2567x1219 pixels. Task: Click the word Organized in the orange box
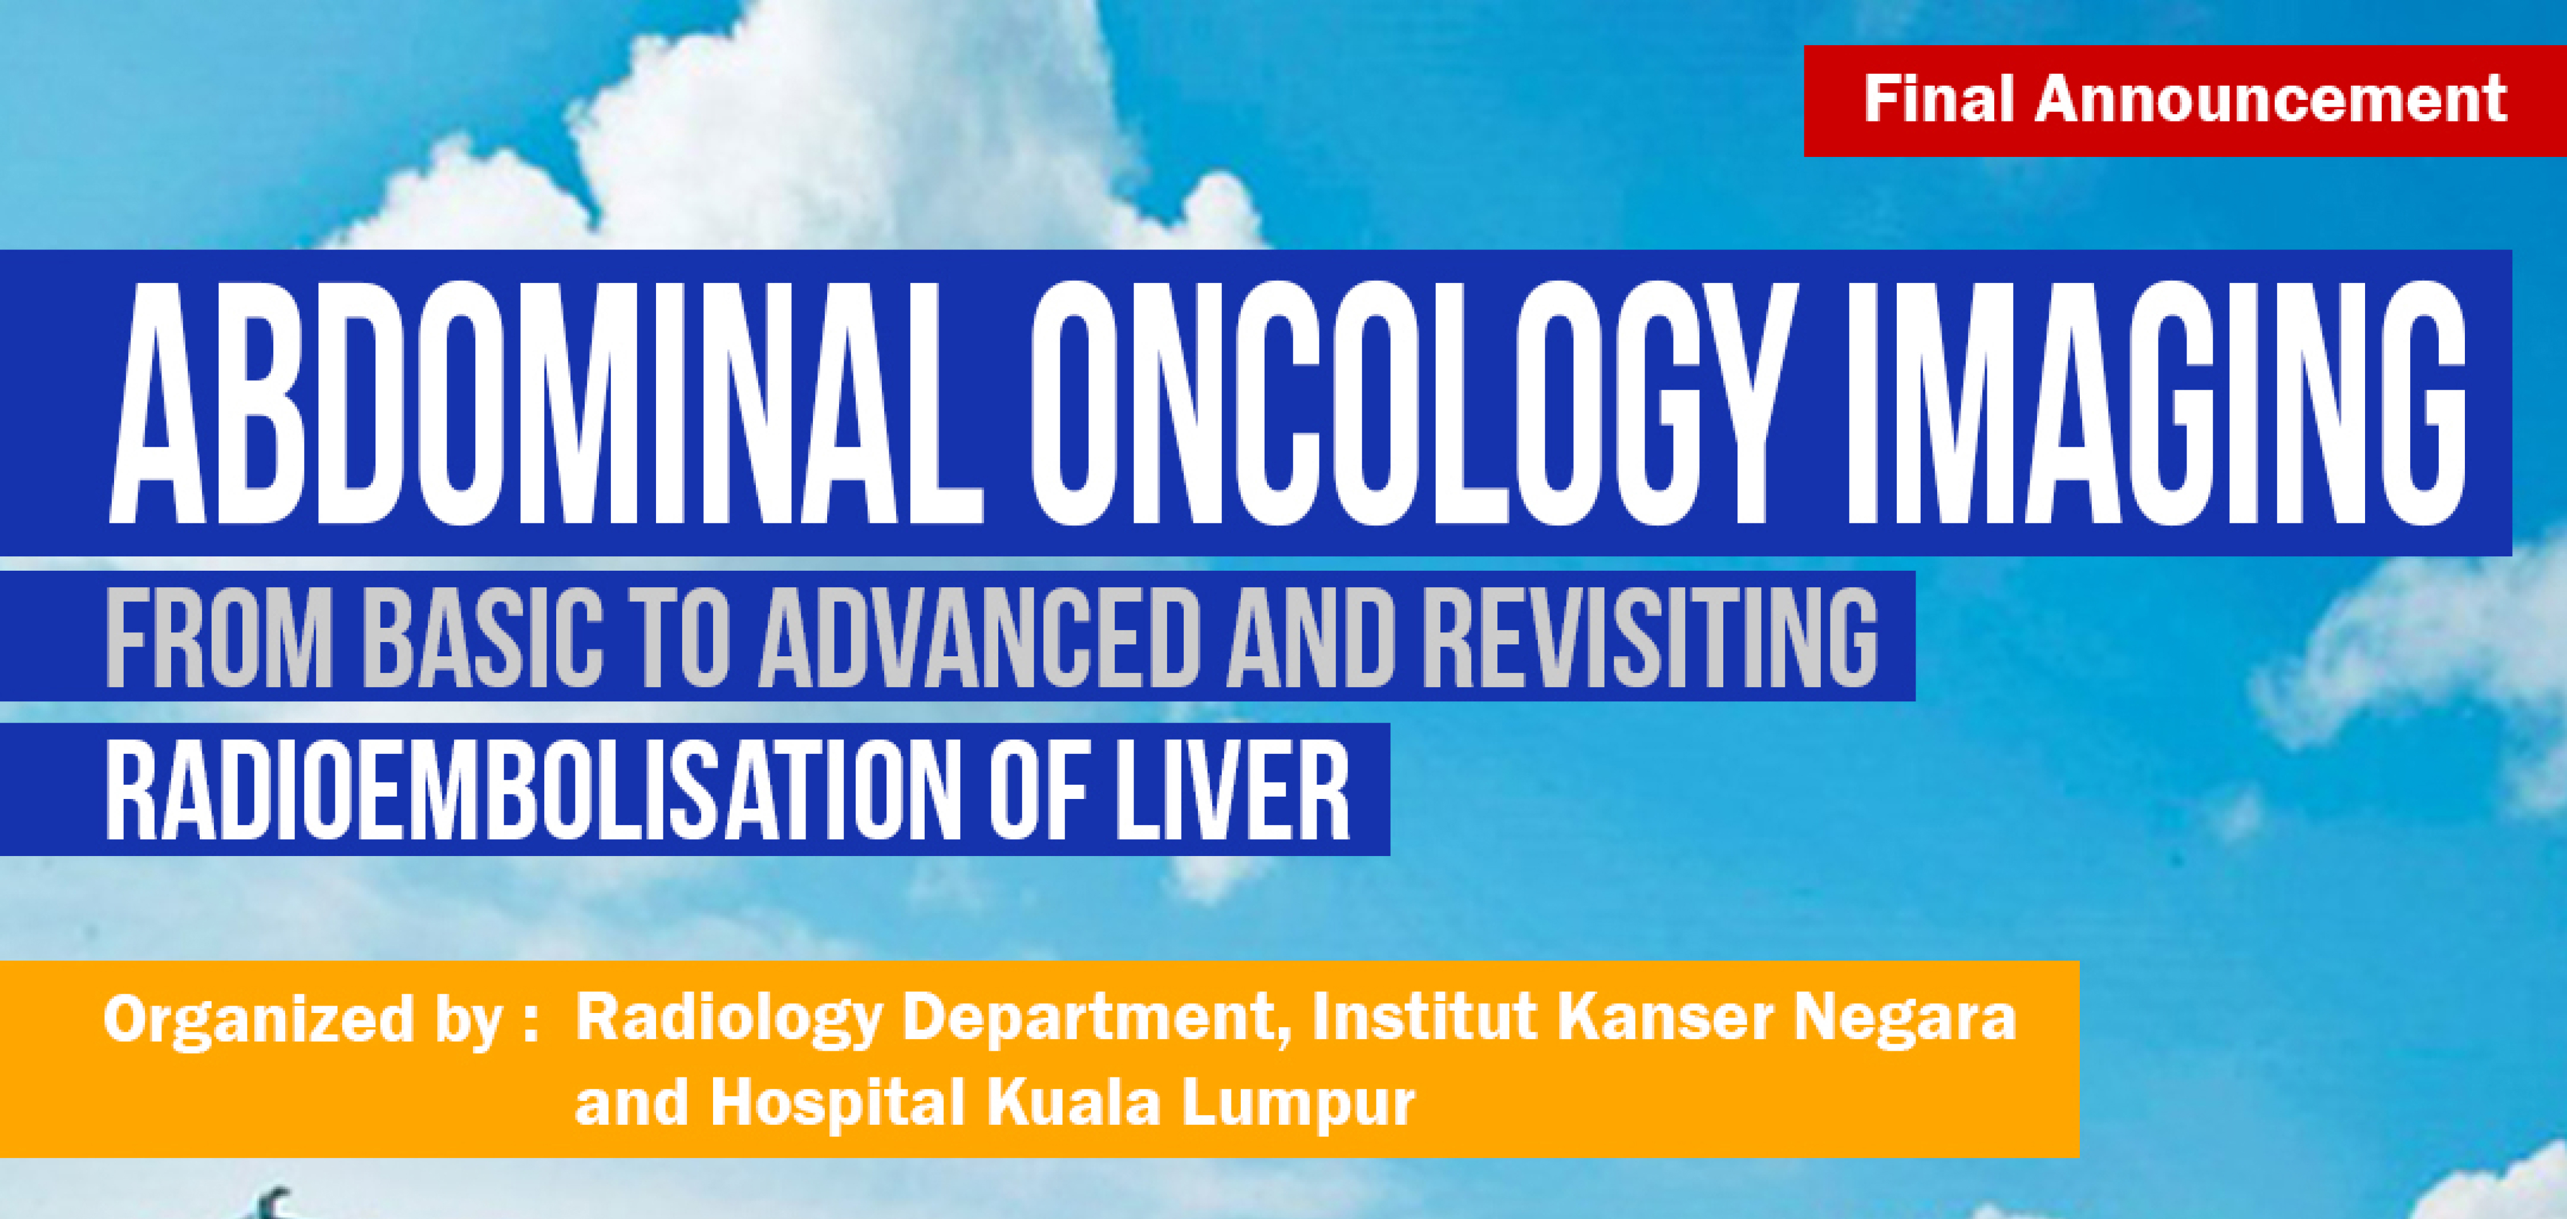[x=258, y=1020]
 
